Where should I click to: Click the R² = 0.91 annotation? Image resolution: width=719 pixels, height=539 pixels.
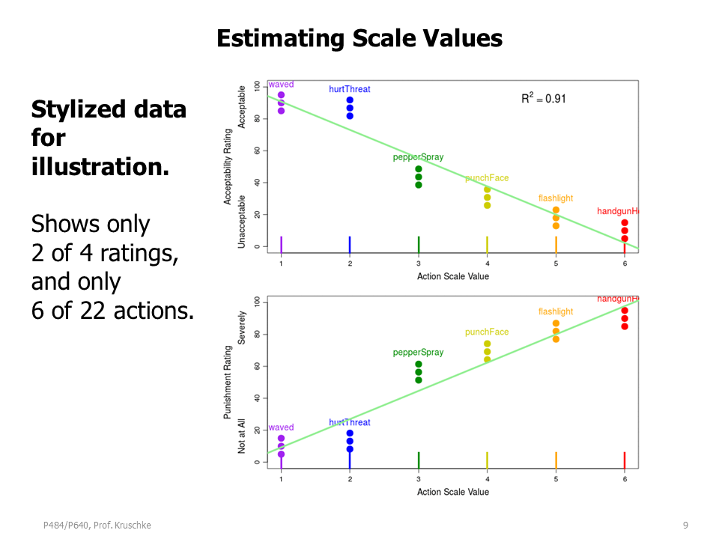click(x=543, y=98)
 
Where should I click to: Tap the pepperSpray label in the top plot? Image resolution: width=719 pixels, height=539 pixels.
click(x=418, y=157)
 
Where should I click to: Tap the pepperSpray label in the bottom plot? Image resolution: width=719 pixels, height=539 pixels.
click(x=418, y=353)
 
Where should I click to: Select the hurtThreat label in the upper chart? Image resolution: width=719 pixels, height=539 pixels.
click(x=349, y=89)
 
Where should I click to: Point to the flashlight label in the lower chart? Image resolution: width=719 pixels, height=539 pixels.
click(x=555, y=311)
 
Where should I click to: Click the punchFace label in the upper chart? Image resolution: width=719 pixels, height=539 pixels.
click(x=487, y=178)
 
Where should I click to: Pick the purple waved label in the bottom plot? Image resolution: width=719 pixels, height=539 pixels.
click(x=281, y=427)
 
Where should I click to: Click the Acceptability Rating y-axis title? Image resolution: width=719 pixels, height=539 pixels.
click(x=228, y=165)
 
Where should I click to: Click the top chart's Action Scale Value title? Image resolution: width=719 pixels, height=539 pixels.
click(x=452, y=277)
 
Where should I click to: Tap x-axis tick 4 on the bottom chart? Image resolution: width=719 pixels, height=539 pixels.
click(x=487, y=479)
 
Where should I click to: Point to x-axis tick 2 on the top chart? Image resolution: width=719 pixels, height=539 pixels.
click(x=350, y=264)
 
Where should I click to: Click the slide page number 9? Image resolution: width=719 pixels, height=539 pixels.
click(x=685, y=526)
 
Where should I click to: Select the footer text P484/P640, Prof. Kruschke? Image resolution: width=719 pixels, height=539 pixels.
click(x=97, y=526)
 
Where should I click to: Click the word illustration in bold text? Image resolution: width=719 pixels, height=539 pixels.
click(x=100, y=166)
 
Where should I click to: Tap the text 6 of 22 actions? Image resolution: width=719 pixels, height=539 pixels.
click(x=112, y=309)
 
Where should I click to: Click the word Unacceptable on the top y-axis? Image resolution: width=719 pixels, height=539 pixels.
click(x=242, y=222)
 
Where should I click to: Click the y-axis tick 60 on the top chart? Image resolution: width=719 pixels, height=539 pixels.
click(x=256, y=150)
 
